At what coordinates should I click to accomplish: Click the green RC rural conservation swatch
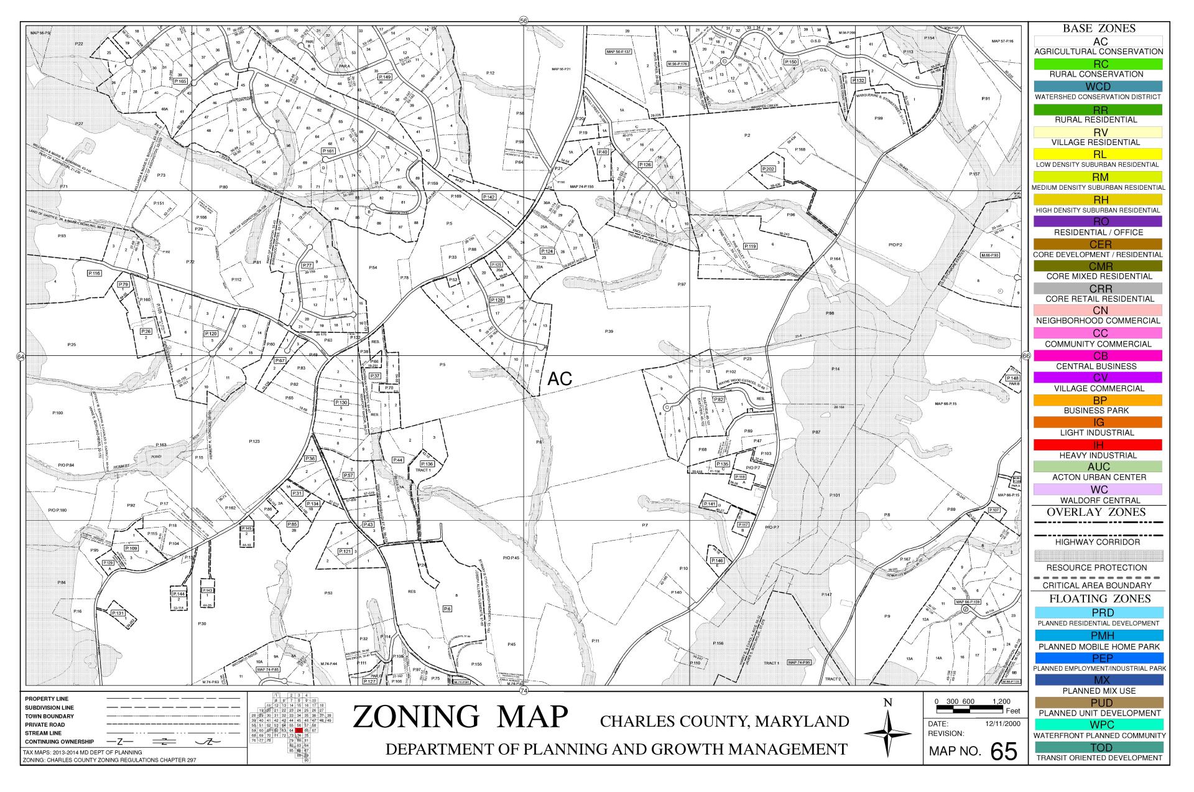coord(1098,64)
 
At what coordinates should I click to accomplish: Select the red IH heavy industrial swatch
coord(1098,445)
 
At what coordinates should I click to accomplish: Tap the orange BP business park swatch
coord(1098,400)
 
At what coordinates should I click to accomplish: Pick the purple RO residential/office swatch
coord(1098,221)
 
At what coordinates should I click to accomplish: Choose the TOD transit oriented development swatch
coord(1098,747)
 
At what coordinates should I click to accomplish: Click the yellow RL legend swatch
coord(1098,154)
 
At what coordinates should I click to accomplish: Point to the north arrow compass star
coord(888,734)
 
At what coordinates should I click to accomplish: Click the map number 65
coord(1004,752)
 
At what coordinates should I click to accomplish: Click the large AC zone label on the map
coord(560,379)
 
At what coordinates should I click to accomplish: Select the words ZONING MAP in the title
coord(460,717)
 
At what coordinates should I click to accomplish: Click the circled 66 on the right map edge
coord(1026,356)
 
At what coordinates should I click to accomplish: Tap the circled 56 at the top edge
coord(524,21)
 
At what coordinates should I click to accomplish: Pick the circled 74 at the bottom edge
coord(524,691)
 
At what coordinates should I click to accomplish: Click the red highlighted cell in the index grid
coord(299,730)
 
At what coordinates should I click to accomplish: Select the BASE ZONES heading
coord(1098,29)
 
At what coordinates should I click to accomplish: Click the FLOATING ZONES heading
coord(1098,599)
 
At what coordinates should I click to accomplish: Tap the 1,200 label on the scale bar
coord(1002,701)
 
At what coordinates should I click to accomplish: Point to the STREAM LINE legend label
coord(44,733)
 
